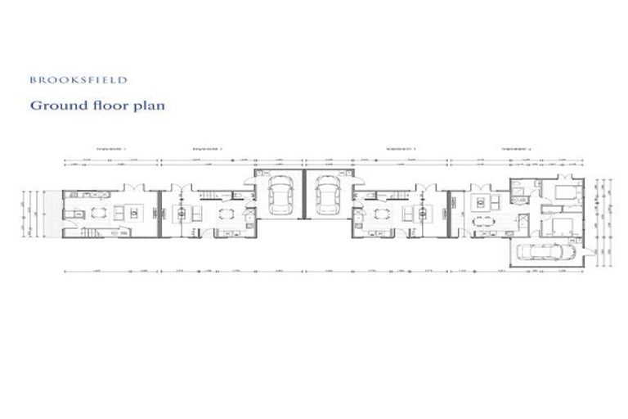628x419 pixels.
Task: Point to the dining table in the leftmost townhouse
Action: pyautogui.click(x=99, y=214)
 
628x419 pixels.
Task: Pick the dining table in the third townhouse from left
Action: pyautogui.click(x=378, y=215)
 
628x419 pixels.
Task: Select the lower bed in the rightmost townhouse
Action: pyautogui.click(x=562, y=223)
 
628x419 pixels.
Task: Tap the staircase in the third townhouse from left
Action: pyautogui.click(x=392, y=195)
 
